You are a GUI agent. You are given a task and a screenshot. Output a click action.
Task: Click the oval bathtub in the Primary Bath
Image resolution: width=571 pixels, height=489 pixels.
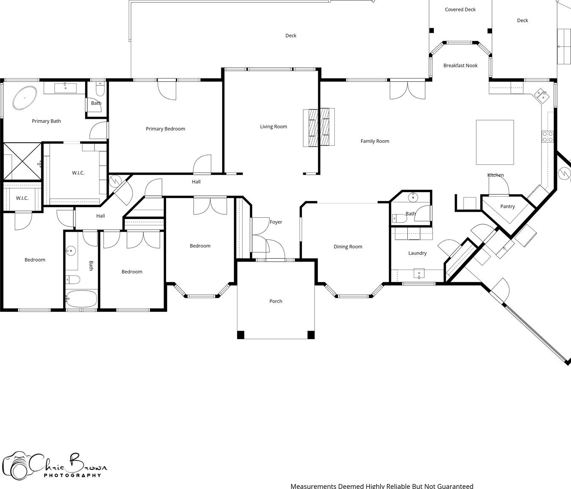(24, 98)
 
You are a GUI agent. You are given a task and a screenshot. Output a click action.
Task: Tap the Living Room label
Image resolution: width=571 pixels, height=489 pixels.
(274, 127)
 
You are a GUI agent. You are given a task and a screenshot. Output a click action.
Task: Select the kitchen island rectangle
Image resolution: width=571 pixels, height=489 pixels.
(495, 142)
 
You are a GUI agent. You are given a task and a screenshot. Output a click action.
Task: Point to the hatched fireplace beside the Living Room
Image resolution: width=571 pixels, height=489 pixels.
(319, 127)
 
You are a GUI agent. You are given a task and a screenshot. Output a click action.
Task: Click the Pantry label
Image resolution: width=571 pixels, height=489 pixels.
(507, 206)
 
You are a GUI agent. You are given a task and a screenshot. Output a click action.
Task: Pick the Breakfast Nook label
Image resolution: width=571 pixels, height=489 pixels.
(461, 65)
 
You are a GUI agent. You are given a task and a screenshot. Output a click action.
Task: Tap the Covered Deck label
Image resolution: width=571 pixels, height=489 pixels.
(460, 9)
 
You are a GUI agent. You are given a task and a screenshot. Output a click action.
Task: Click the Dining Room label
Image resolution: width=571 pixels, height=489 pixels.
(348, 247)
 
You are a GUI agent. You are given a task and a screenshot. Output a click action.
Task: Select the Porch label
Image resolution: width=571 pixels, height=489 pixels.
(276, 301)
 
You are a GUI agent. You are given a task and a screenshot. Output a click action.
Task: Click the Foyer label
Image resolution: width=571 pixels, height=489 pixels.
(276, 222)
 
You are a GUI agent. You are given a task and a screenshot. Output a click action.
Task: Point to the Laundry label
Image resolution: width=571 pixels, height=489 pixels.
(417, 253)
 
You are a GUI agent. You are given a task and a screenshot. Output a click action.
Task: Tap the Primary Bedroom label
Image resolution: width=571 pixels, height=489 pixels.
(165, 129)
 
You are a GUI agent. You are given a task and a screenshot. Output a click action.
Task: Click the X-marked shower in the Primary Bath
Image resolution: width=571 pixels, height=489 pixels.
(22, 161)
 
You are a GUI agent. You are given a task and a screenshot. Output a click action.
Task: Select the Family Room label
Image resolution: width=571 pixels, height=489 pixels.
(375, 141)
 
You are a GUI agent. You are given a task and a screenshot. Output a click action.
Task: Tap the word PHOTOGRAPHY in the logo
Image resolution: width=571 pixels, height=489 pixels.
(73, 475)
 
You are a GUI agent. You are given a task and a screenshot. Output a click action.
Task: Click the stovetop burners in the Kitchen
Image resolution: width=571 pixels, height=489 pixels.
(547, 136)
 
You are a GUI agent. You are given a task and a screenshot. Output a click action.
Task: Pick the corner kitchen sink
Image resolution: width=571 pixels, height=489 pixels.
(541, 96)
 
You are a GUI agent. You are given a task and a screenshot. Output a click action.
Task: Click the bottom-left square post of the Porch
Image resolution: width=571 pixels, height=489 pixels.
(241, 335)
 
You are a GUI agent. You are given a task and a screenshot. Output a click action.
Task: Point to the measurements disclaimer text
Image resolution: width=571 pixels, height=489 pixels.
(382, 486)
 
